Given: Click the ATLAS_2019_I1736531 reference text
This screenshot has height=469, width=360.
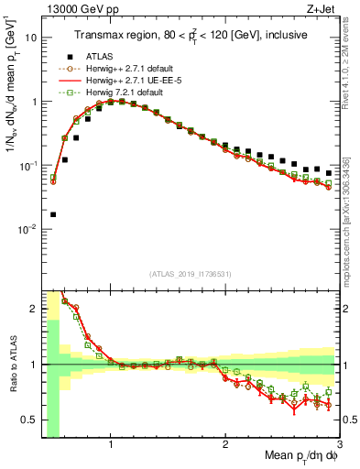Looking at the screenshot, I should pyautogui.click(x=191, y=273).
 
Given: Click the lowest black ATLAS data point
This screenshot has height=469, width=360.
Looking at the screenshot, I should pyautogui.click(x=52, y=214).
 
